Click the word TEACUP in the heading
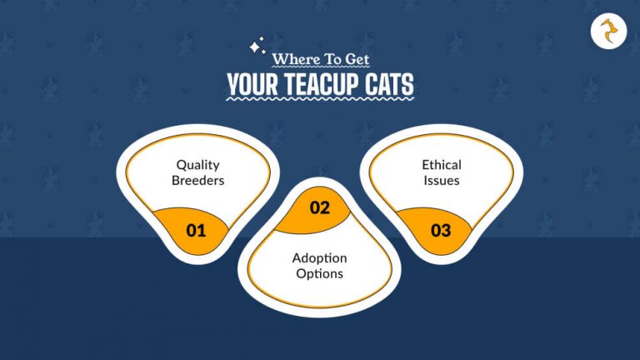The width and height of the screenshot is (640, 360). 325,85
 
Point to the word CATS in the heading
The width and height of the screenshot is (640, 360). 388,85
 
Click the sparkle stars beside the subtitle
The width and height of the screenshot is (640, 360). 257,46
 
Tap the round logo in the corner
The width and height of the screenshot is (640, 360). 607,32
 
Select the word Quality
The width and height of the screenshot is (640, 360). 197,164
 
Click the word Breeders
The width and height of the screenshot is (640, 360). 197,180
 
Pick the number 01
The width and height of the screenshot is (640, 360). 196,231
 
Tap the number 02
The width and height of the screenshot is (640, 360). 321,208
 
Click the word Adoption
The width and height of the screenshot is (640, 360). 320,258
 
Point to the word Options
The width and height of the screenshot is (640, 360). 320,274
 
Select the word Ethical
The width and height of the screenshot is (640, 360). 441,164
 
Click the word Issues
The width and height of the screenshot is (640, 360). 441,180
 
